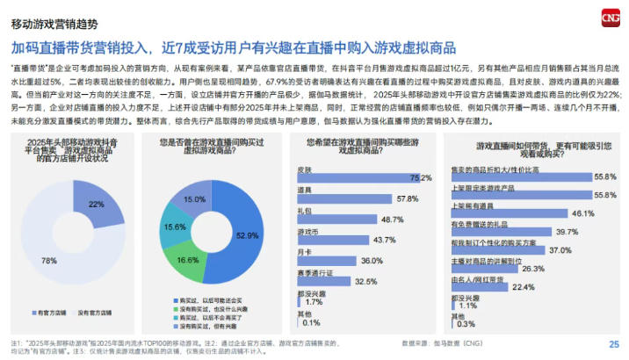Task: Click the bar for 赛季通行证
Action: [x=325, y=280]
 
